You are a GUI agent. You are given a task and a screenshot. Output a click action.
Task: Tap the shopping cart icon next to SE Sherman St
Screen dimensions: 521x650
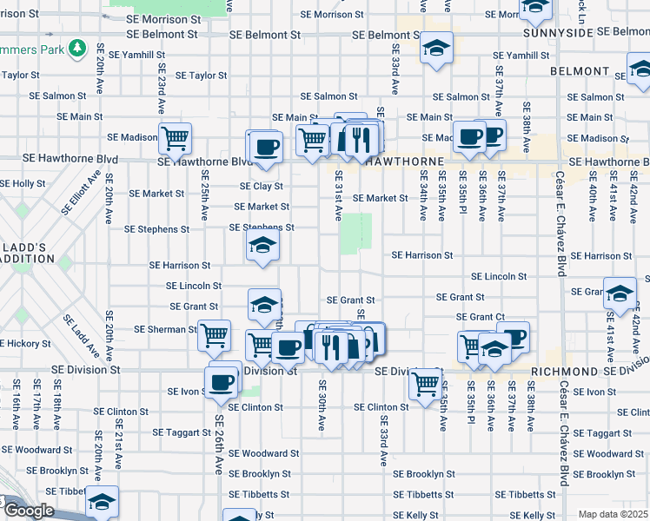pos(214,334)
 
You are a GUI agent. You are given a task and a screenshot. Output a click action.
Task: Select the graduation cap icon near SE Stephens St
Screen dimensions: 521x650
pos(262,246)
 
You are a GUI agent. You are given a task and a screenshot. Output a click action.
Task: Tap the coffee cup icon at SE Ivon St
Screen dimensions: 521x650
pos(222,380)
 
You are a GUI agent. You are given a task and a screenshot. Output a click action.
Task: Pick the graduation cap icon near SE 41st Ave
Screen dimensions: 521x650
pos(620,293)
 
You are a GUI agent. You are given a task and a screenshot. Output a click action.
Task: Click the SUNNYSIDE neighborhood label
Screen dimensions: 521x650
pos(558,32)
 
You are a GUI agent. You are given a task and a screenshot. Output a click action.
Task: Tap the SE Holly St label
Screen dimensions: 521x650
pos(23,183)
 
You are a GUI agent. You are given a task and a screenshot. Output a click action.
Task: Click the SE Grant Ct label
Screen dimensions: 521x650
pos(481,317)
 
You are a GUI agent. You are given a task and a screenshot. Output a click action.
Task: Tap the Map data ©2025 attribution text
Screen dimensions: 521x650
pos(614,514)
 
